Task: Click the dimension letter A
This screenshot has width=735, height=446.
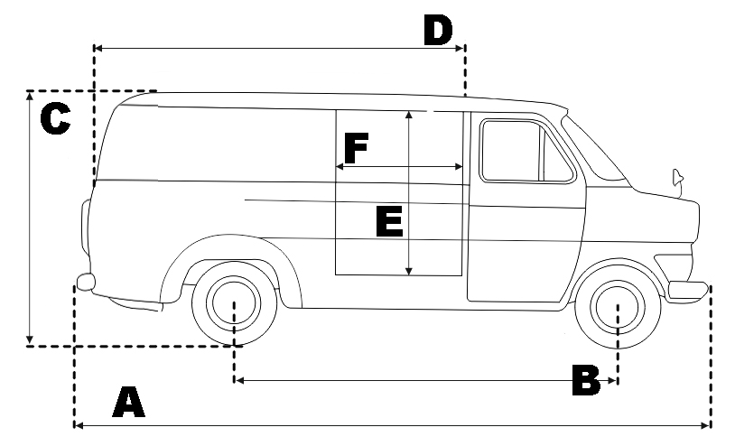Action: tap(128, 403)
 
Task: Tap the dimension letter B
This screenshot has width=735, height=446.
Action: tap(586, 379)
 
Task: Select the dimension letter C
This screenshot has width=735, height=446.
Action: tap(55, 119)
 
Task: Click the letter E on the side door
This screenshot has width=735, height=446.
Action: tap(388, 221)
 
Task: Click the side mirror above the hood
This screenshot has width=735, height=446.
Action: tap(676, 177)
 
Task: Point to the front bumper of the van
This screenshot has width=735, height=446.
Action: tap(688, 290)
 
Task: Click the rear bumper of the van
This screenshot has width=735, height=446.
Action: tap(85, 282)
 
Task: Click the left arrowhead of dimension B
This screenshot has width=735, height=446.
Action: tap(238, 381)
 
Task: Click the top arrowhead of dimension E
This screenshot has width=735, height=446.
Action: tap(410, 116)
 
